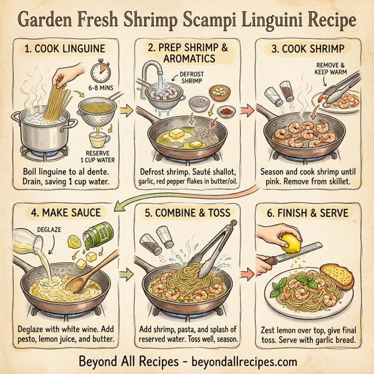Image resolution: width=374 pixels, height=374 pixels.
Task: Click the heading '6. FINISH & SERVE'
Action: point(309,213)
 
